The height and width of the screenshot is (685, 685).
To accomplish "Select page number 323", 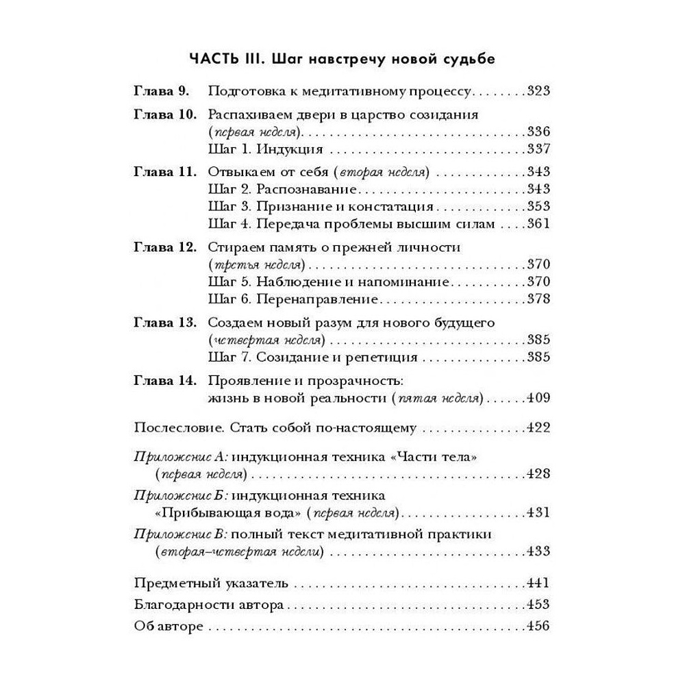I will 538,91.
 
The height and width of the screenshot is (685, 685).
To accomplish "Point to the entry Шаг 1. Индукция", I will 255,149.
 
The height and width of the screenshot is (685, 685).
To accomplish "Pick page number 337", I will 538,149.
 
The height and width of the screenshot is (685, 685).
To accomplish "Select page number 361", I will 538,223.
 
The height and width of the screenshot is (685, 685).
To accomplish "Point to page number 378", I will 538,299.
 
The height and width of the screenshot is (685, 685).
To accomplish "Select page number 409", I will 538,397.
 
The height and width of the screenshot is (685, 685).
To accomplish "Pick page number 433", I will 538,551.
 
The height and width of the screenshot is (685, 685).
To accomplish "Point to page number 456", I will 538,626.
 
